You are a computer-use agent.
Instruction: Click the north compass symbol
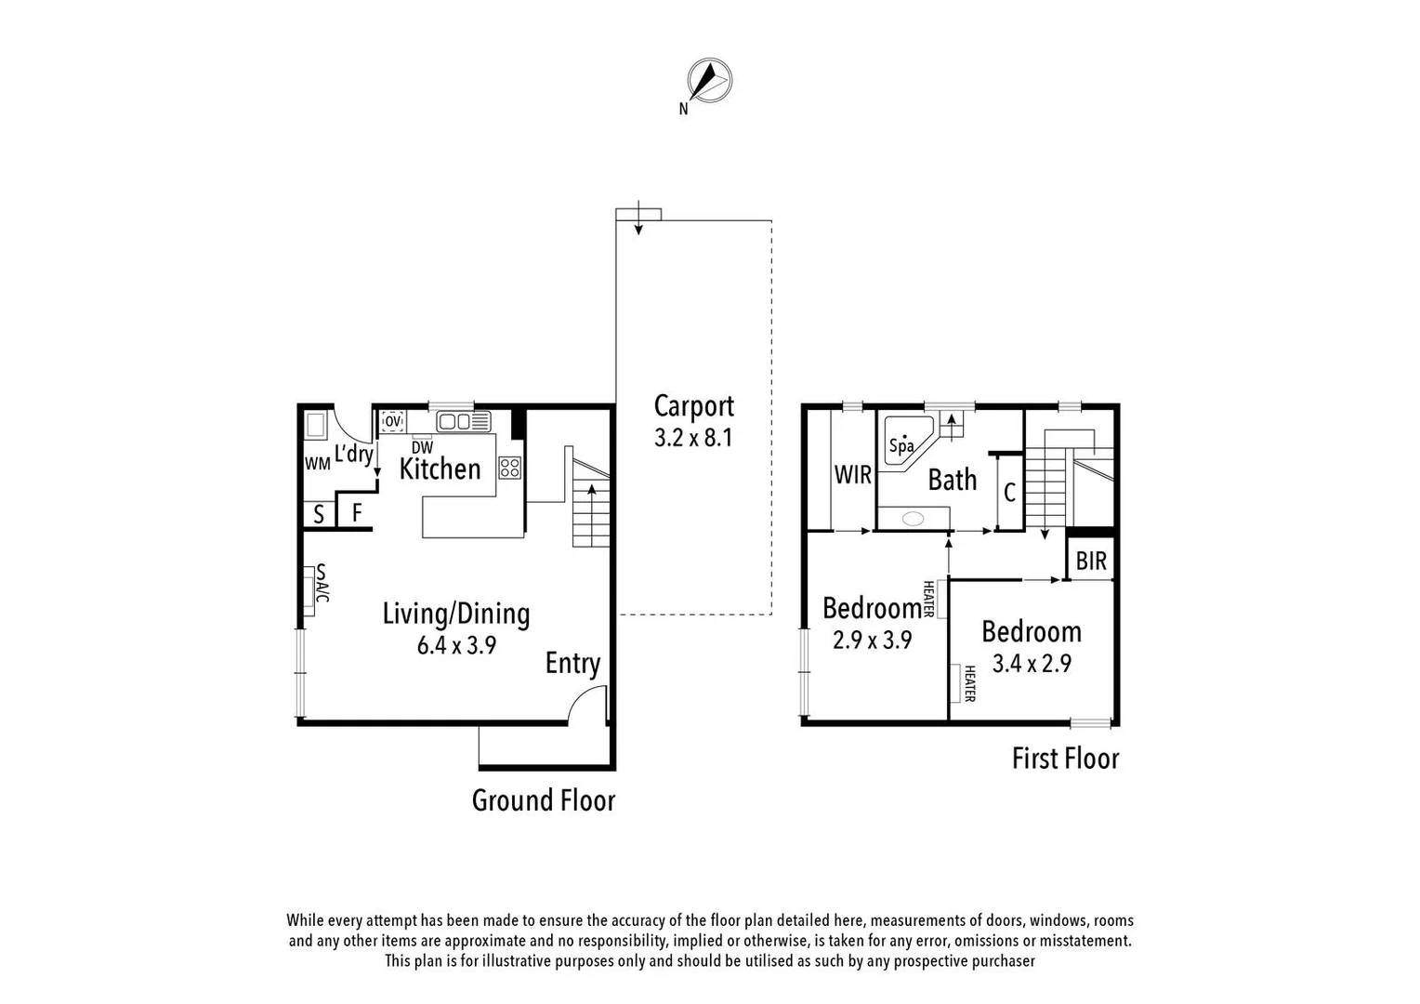tap(709, 81)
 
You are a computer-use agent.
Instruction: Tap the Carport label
tap(693, 406)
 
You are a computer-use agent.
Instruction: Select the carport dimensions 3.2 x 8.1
tap(693, 438)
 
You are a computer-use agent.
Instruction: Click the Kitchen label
tap(440, 469)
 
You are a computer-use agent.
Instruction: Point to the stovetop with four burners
tap(509, 468)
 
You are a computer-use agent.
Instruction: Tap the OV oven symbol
tap(392, 421)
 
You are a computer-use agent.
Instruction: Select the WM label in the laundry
tap(318, 464)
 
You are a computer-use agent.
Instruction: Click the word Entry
tap(572, 663)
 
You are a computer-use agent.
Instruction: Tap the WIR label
tap(852, 475)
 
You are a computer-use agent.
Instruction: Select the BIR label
tap(1091, 561)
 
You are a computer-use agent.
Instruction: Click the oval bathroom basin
tap(913, 519)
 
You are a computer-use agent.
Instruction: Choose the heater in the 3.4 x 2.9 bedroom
tap(956, 683)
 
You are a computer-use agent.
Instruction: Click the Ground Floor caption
tap(544, 800)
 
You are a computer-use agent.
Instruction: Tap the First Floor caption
tap(1065, 759)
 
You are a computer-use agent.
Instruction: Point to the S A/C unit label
tap(322, 583)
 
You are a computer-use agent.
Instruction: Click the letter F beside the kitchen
tap(356, 512)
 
